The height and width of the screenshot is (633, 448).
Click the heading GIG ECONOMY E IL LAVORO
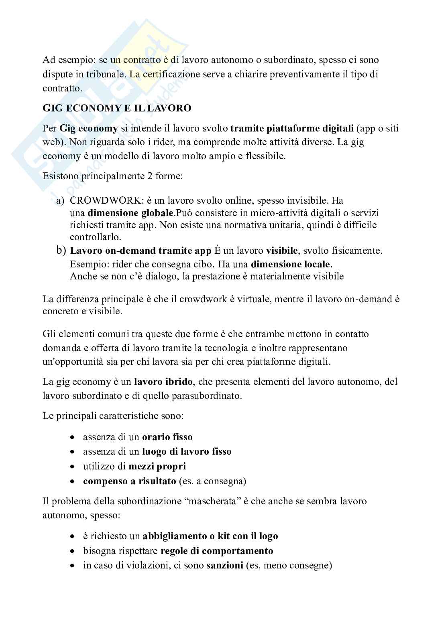(117, 108)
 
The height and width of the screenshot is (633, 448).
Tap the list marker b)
(61, 251)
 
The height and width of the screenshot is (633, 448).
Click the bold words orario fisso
(167, 437)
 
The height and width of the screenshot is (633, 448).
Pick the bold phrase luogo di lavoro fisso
(187, 451)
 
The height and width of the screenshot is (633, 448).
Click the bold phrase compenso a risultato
(129, 481)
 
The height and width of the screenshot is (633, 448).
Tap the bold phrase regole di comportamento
(217, 551)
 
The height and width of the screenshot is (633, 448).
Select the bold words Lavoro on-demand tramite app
(141, 251)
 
